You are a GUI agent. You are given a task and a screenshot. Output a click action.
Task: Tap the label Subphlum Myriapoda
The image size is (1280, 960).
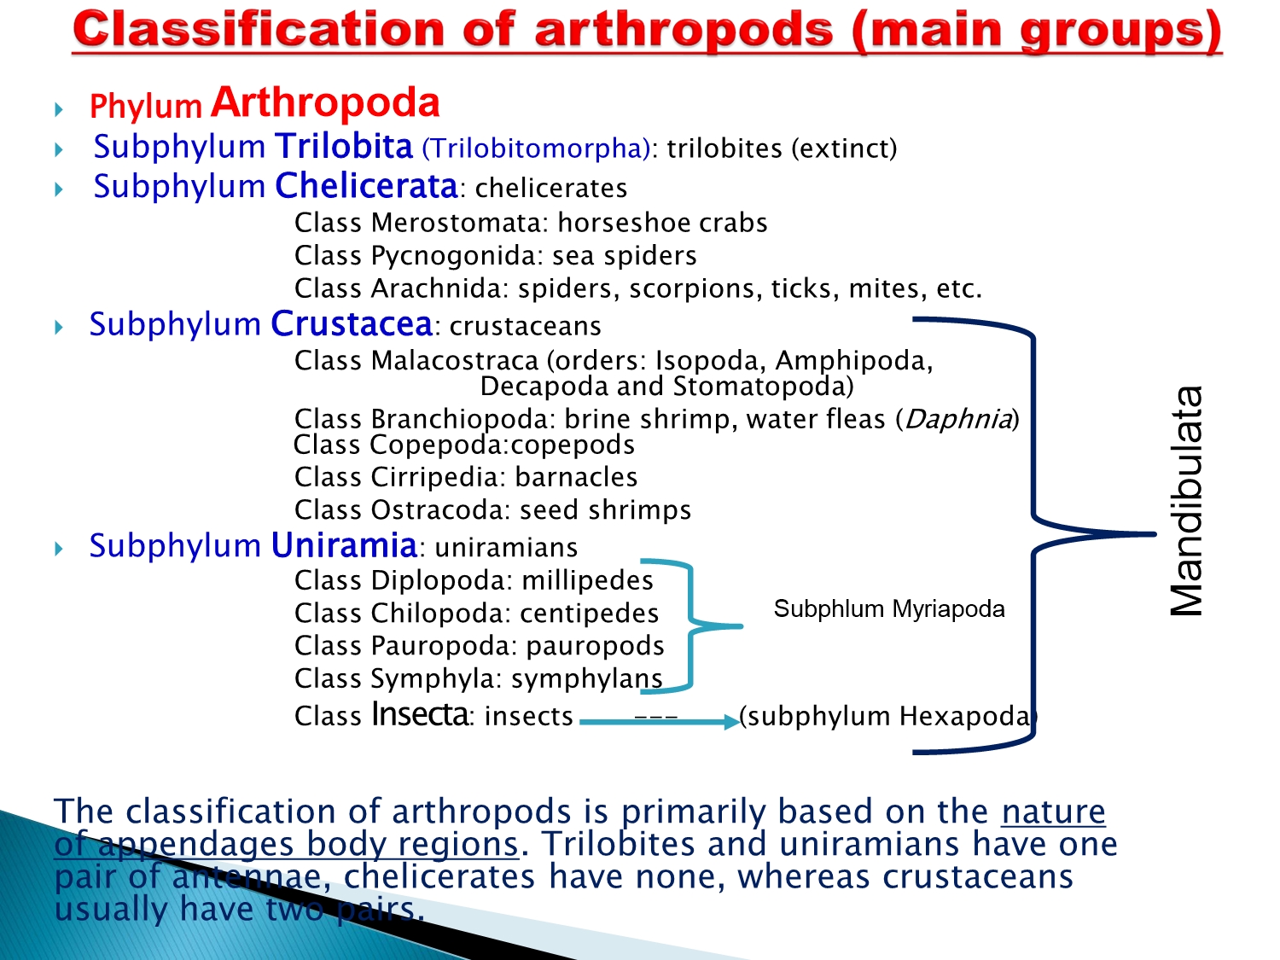[889, 609]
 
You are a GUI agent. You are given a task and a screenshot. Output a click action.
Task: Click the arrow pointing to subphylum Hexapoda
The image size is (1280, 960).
[660, 722]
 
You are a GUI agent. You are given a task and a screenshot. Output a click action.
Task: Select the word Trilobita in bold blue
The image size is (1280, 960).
[344, 146]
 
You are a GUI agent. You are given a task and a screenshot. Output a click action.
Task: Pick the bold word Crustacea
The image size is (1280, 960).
[351, 323]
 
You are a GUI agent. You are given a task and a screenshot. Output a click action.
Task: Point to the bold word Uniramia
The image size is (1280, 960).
[344, 545]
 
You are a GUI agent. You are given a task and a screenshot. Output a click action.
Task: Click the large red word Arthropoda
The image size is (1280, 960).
[325, 102]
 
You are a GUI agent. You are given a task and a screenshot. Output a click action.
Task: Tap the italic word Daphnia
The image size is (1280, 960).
[957, 418]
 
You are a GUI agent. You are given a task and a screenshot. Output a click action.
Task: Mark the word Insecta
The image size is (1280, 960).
[420, 714]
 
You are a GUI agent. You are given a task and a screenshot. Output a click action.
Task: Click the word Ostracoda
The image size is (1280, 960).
[440, 510]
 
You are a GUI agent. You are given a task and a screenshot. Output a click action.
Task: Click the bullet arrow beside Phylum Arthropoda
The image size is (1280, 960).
[59, 109]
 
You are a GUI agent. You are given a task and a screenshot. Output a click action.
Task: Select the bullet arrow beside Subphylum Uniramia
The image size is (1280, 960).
[59, 549]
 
